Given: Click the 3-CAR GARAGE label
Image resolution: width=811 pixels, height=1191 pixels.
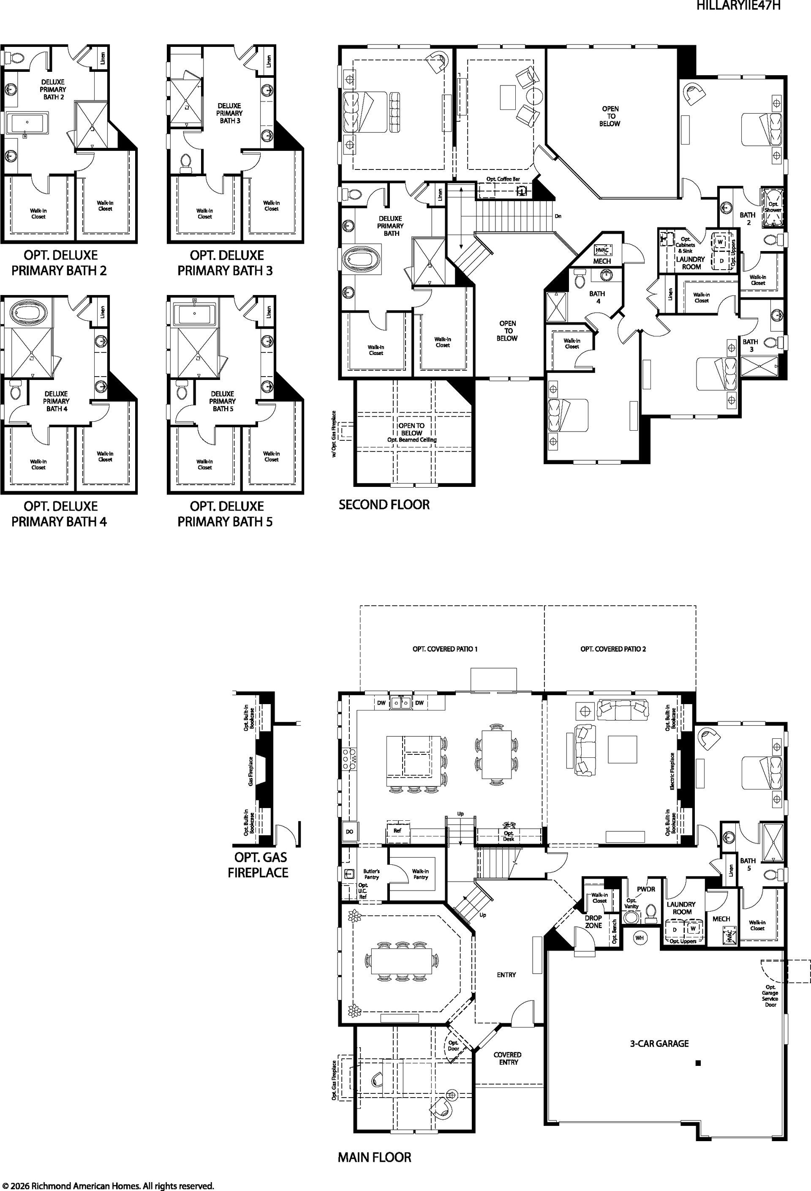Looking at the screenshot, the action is [659, 1043].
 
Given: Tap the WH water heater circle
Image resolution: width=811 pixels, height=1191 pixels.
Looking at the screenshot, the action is [640, 938].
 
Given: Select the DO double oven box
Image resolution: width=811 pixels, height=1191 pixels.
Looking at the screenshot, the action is [349, 832].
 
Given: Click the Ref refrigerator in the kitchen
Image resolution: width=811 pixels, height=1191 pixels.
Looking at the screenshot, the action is [397, 830].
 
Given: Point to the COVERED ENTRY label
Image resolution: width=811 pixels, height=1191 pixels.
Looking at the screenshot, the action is [507, 1058].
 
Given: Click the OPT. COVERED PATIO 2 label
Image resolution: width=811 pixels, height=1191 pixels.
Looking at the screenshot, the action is [613, 649].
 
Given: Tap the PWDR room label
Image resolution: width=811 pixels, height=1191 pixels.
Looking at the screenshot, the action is [646, 889].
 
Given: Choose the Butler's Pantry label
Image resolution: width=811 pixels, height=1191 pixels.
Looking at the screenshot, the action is [371, 874].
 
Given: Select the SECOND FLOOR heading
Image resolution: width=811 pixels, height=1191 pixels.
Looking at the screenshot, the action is [384, 505].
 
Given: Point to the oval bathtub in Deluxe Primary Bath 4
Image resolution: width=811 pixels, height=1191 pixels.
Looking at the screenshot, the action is [28, 312].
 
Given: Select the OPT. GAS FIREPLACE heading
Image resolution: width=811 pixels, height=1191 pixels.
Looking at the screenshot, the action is [258, 865].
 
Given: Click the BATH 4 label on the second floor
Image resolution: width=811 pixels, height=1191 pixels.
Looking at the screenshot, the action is [597, 297].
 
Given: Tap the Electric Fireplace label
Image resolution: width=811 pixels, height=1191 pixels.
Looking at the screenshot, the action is [672, 771].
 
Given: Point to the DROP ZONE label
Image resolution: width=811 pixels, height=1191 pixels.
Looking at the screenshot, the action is [593, 922].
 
